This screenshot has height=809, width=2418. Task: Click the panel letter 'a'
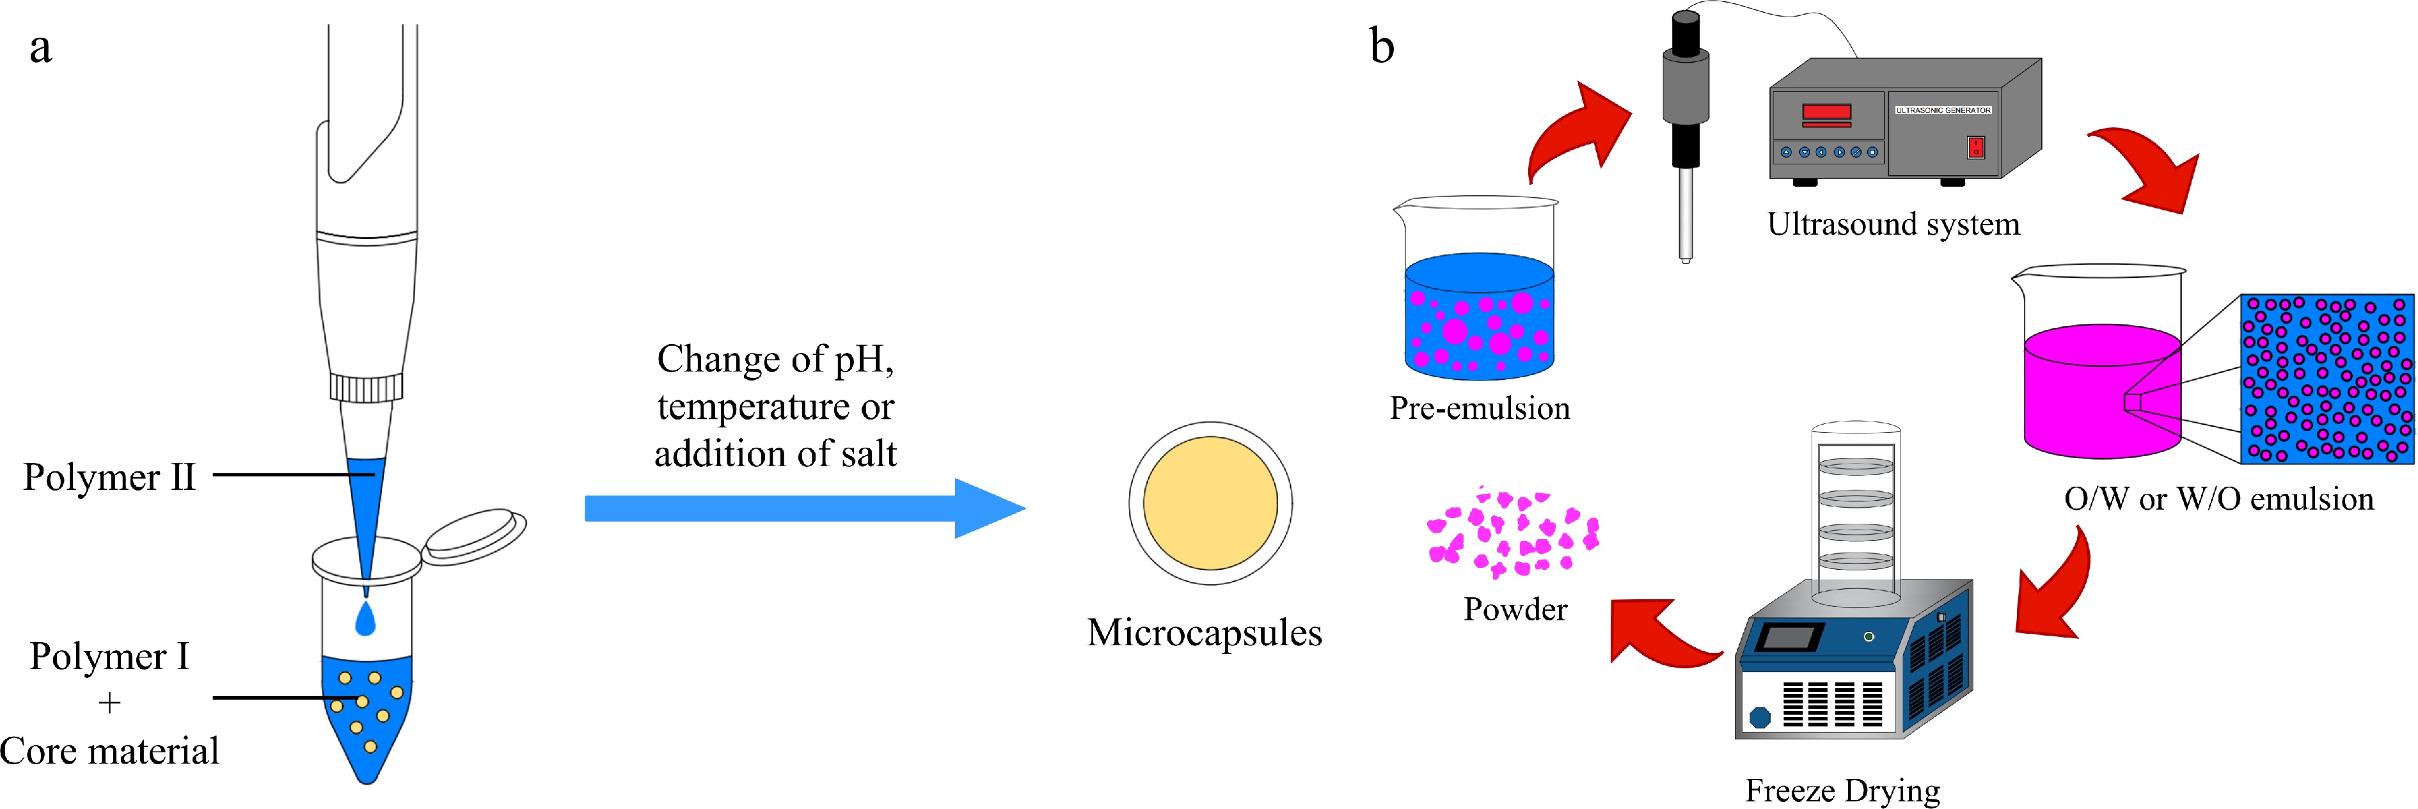[x=40, y=49]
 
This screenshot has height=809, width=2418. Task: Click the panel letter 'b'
[x=1382, y=46]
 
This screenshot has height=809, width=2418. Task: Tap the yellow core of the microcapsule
[x=1210, y=503]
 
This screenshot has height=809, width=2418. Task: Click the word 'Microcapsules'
[x=1205, y=632]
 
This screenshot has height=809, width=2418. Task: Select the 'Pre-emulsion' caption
[x=1480, y=408]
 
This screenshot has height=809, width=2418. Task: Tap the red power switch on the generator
[x=1976, y=147]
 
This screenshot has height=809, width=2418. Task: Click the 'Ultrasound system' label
[x=1893, y=224]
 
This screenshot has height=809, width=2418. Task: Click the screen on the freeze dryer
[x=1788, y=638]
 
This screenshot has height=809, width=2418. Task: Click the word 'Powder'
[x=1515, y=610]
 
